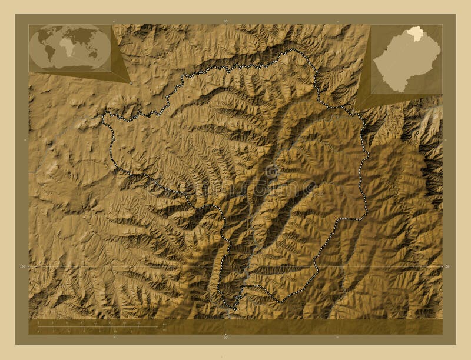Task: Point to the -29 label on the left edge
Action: [x=23, y=267]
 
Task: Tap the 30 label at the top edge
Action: [x=225, y=21]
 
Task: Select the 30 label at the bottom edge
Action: [x=225, y=338]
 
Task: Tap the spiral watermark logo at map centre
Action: [x=271, y=171]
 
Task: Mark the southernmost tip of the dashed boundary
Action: [x=234, y=308]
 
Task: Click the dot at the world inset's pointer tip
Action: [x=130, y=83]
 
